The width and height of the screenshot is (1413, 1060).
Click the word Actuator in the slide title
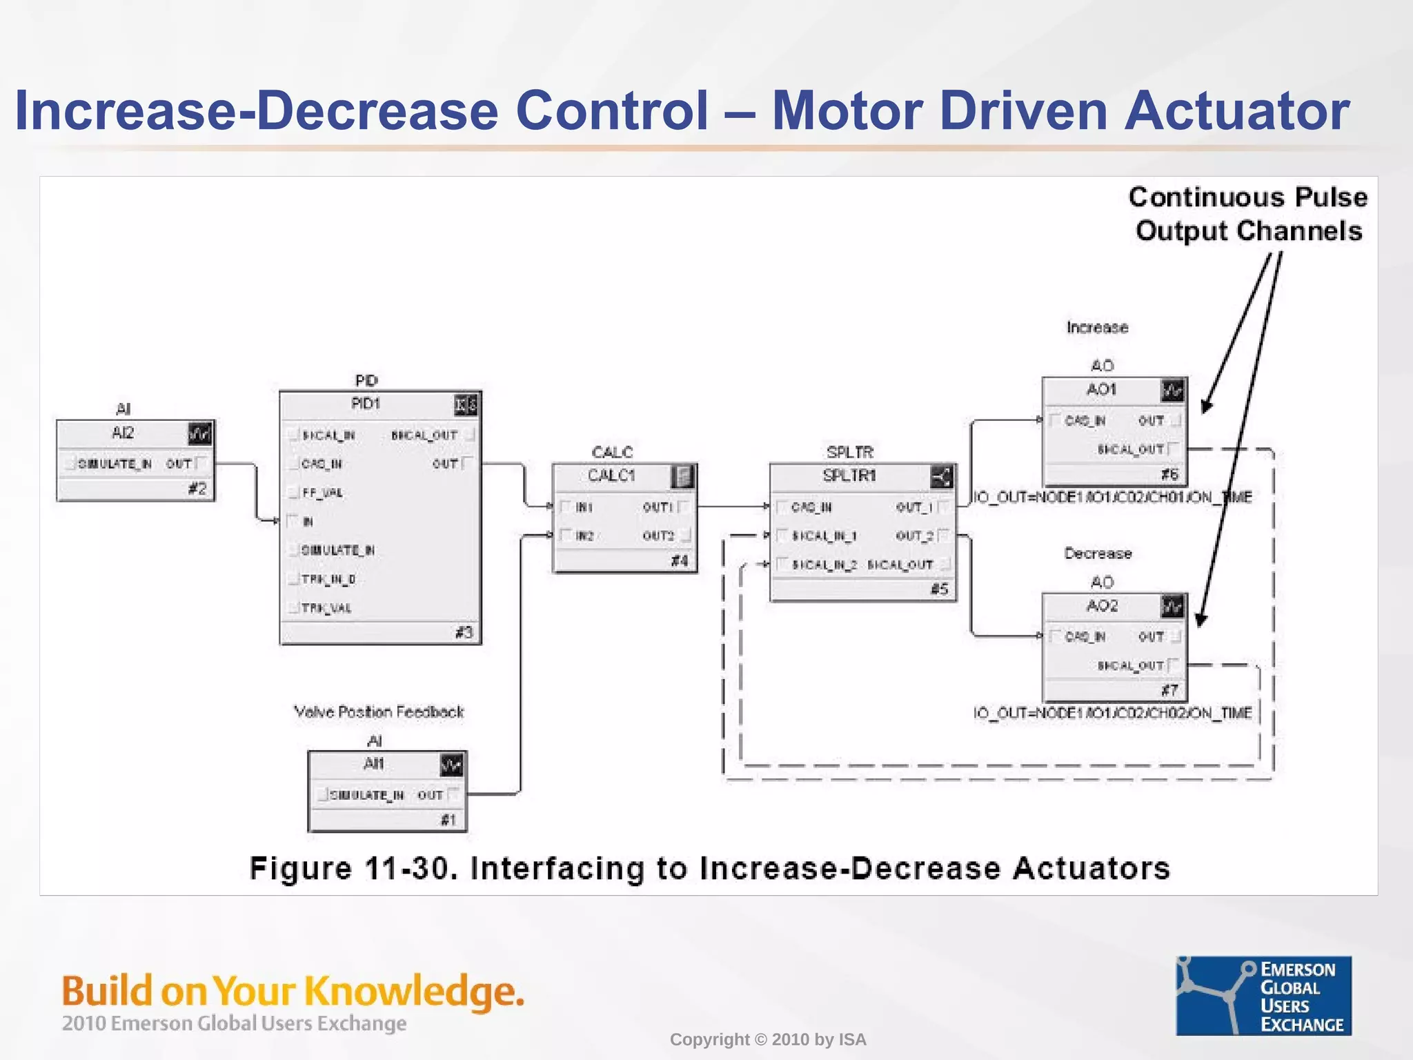point(1237,110)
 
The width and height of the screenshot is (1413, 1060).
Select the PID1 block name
point(366,404)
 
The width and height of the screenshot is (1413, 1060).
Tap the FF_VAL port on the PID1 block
point(322,493)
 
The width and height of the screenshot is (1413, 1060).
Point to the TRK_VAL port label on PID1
point(326,608)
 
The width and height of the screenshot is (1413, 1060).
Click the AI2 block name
point(122,433)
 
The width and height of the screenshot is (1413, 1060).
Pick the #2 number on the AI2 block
point(197,489)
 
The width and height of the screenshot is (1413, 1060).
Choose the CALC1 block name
point(611,475)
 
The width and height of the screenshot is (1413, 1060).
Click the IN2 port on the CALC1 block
point(584,536)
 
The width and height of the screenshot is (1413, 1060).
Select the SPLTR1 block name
point(849,475)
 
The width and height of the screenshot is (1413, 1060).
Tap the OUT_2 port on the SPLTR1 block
point(915,536)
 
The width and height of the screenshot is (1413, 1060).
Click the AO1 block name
point(1101,389)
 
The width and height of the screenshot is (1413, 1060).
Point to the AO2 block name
point(1102,606)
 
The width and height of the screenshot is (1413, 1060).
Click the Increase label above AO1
point(1097,327)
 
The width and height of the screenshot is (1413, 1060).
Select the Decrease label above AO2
point(1098,553)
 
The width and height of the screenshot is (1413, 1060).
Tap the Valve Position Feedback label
point(379,711)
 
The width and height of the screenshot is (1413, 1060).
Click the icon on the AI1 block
point(451,765)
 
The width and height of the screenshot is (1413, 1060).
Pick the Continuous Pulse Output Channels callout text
point(1248,214)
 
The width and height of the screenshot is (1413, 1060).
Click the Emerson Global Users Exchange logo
point(1263,995)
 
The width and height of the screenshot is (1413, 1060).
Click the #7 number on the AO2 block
point(1169,690)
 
